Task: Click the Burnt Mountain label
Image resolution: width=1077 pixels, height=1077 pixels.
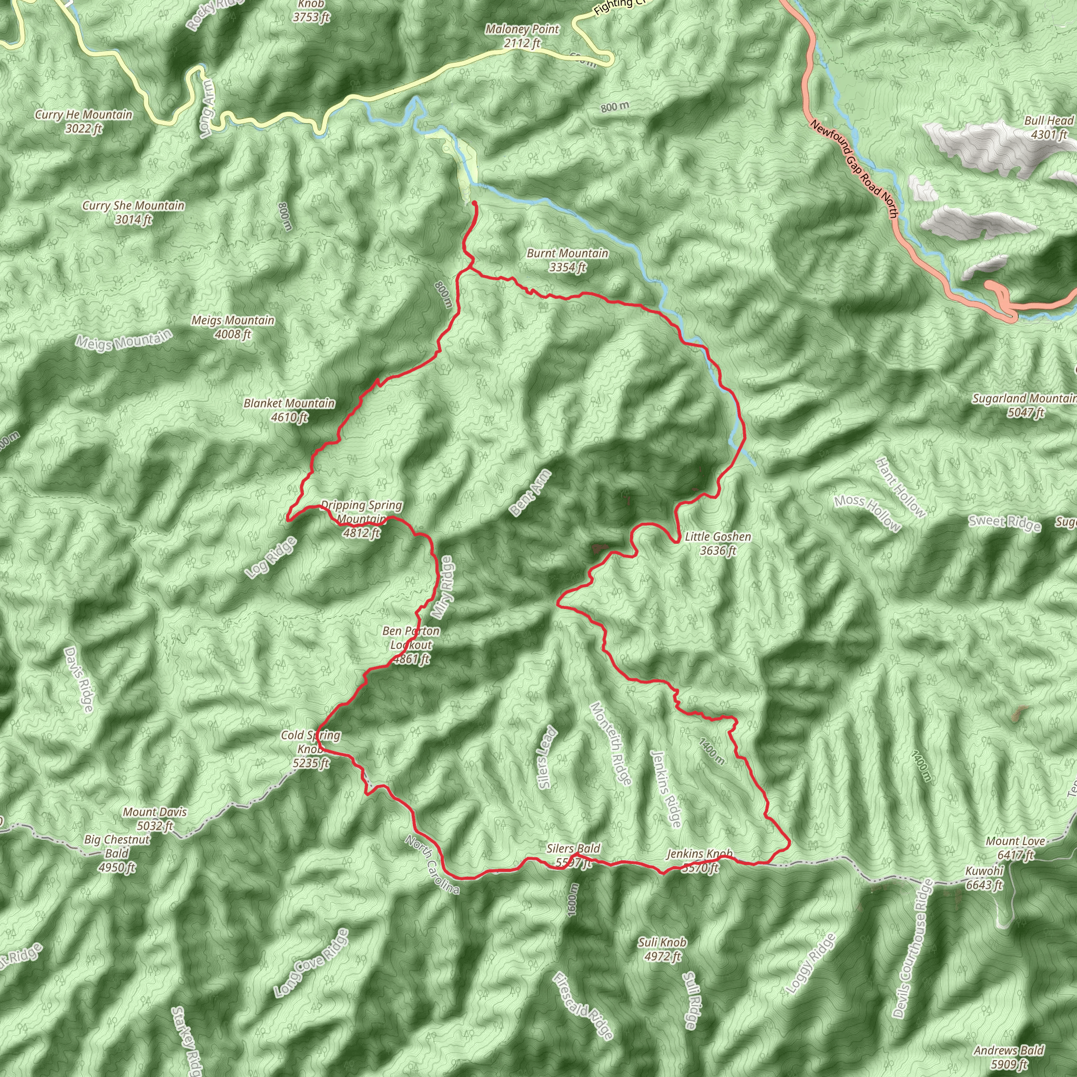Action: point(567,260)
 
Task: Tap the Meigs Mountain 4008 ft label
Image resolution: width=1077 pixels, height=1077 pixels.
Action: point(232,327)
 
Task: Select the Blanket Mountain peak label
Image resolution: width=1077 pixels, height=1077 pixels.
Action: point(289,410)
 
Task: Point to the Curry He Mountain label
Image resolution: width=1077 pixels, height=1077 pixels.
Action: point(84,121)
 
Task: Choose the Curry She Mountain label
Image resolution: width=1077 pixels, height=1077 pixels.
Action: point(133,212)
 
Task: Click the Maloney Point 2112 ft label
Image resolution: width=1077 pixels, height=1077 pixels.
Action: point(522,36)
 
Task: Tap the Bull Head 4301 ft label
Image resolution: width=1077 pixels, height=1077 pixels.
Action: point(1049,128)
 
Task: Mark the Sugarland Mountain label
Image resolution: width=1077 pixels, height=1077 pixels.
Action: point(1024,405)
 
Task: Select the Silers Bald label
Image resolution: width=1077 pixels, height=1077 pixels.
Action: point(573,856)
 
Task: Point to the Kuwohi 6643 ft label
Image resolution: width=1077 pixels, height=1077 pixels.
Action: point(984,878)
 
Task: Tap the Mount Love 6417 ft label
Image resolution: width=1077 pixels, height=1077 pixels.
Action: point(1015,848)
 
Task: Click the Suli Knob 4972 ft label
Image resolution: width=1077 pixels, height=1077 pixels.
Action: point(662,949)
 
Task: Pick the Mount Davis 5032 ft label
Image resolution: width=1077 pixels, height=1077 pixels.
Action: point(155,819)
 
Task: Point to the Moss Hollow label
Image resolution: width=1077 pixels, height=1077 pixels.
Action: point(867,513)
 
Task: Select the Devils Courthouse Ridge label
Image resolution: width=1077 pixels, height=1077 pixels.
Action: point(911,948)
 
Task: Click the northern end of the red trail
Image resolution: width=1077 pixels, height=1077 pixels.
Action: point(474,204)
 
